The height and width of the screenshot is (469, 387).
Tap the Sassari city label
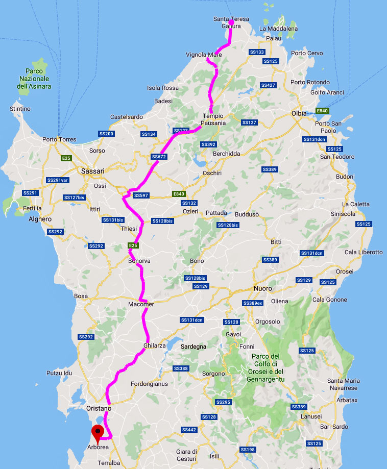click(92, 171)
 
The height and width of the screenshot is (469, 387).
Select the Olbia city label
click(299, 113)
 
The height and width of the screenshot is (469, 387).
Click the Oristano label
click(99, 409)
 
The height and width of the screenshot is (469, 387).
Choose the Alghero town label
click(40, 219)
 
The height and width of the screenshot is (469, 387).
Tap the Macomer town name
click(141, 305)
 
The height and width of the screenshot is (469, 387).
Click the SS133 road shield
click(257, 52)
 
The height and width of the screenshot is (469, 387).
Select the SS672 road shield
click(159, 157)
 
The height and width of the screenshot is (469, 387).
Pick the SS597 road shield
click(140, 195)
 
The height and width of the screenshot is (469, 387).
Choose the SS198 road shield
click(248, 450)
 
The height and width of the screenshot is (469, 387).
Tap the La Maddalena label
click(278, 29)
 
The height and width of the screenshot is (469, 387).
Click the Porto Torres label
click(59, 139)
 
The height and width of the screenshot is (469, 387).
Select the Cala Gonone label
click(329, 300)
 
